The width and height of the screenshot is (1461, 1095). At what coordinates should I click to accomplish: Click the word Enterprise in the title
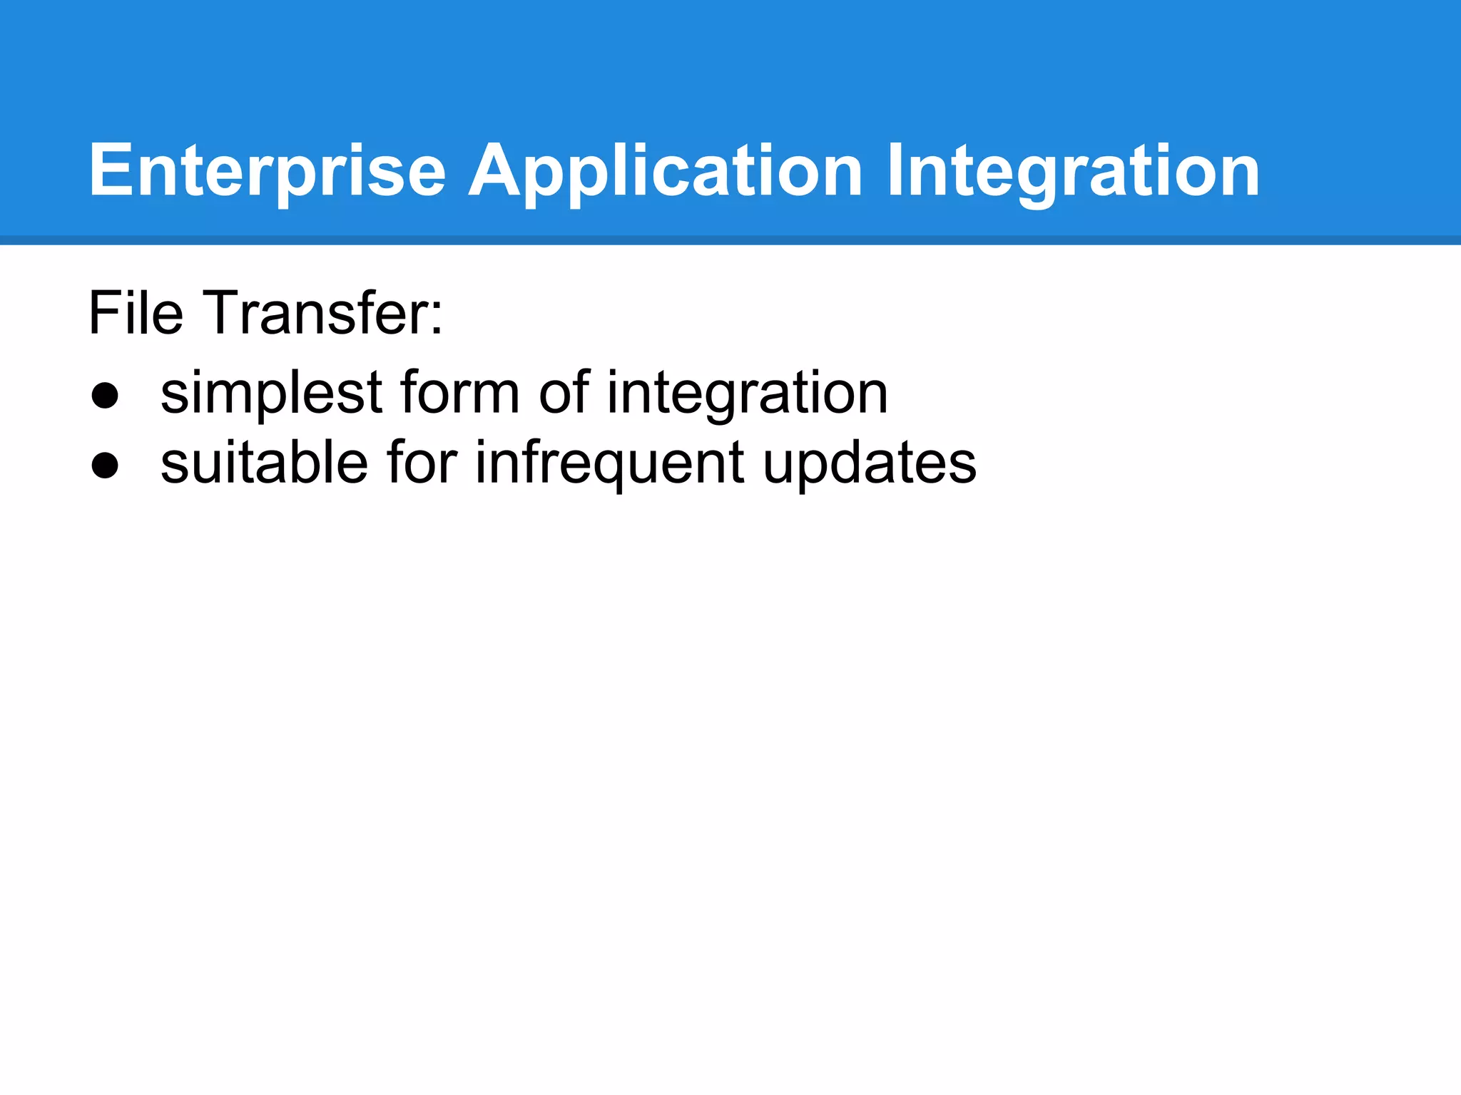coord(267,171)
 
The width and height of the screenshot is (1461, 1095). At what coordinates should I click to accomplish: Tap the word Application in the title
coord(665,171)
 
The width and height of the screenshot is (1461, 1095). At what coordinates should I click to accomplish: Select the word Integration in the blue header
coord(1073,171)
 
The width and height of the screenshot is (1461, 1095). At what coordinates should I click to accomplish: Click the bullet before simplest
coord(105,396)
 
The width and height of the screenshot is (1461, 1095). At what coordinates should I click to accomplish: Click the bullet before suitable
coord(105,466)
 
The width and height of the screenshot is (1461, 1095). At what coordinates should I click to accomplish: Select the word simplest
coord(271,394)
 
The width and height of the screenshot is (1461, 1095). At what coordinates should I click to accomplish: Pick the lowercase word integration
coord(747,394)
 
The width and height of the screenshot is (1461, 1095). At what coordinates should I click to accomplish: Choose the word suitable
coord(264,463)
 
